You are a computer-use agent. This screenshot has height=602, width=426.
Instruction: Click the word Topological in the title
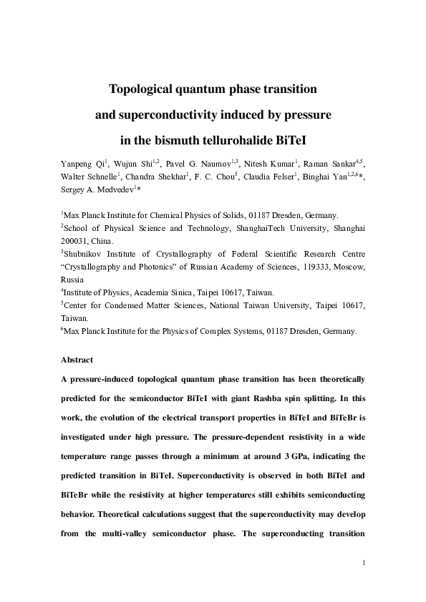pyautogui.click(x=143, y=90)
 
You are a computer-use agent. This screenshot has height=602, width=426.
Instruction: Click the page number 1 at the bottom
pyautogui.click(x=364, y=563)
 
